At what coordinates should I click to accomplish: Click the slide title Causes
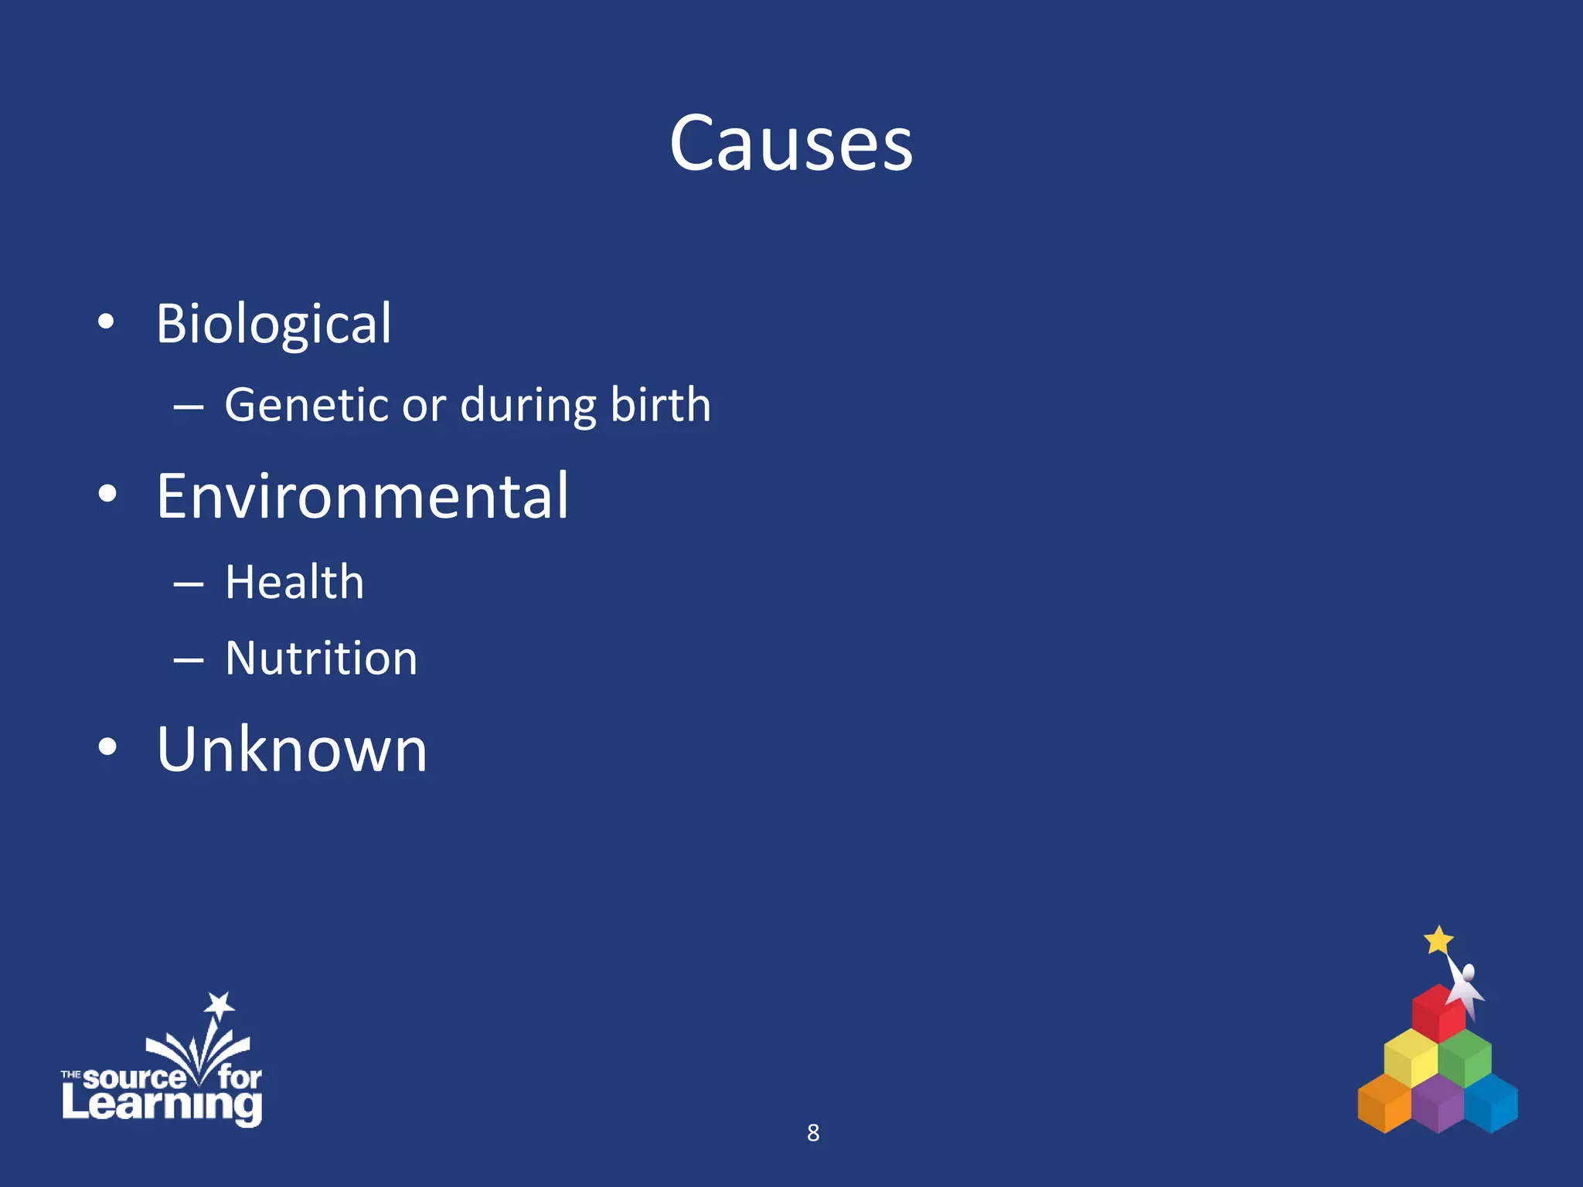pos(791,144)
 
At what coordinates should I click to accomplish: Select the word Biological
pos(274,323)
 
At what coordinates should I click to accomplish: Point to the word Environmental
pos(363,496)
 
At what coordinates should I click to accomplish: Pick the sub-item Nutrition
pos(321,658)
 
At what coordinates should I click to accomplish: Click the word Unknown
pos(292,749)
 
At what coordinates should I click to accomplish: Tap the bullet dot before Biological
pos(107,322)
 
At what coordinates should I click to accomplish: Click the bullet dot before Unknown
pos(107,747)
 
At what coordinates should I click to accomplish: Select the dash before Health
pos(188,584)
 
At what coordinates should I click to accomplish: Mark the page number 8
pos(812,1133)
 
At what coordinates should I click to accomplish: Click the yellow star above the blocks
pos(1438,940)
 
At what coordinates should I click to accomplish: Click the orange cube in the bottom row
pos(1384,1104)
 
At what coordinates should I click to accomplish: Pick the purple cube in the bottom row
pos(1437,1105)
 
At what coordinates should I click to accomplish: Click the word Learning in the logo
pos(162,1104)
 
